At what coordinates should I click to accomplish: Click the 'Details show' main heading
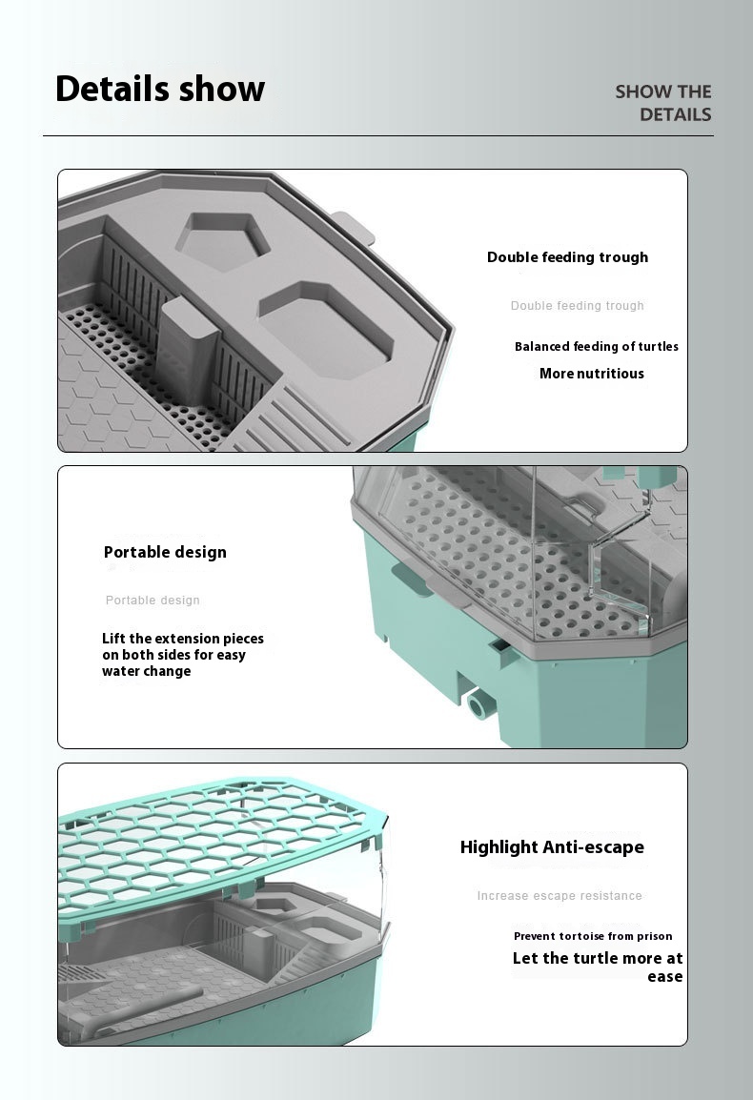coord(160,89)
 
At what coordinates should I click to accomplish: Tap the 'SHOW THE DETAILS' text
coord(663,103)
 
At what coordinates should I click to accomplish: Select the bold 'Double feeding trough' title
coord(567,257)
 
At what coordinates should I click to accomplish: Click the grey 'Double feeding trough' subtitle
coord(577,306)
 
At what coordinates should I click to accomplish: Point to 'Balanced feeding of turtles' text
coord(597,347)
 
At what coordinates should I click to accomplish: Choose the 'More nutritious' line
coord(591,374)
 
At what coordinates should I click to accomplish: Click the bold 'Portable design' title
coord(165,552)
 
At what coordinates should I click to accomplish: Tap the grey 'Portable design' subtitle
coord(153,601)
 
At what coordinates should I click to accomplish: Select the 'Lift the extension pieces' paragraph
coord(182,655)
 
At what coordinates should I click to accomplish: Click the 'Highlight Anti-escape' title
coord(552,847)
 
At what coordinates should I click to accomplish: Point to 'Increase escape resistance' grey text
coord(560,896)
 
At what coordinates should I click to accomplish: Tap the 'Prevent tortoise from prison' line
coord(593,936)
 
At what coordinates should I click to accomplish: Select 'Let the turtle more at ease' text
coord(598,967)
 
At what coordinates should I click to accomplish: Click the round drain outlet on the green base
coord(478,706)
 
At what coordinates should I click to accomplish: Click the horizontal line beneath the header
coord(377,136)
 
